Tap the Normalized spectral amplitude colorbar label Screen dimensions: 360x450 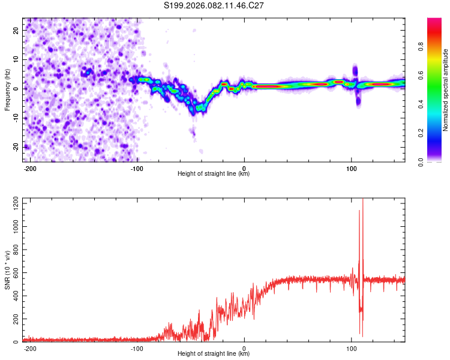(446, 90)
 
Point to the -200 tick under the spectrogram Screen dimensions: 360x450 (29, 167)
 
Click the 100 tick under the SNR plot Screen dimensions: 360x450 (352, 347)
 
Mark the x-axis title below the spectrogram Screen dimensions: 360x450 (214, 174)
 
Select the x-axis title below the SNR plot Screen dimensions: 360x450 (214, 354)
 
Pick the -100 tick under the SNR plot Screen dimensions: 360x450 (137, 347)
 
